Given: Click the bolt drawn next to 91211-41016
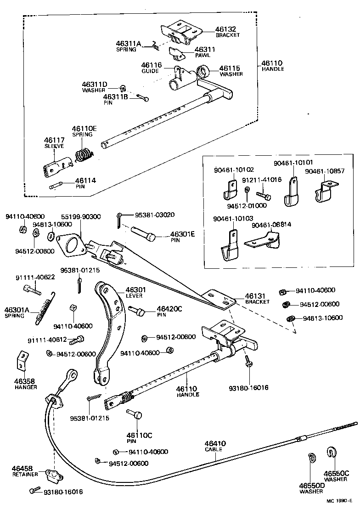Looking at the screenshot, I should pos(264,196).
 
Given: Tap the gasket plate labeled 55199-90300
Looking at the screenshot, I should pos(73,244).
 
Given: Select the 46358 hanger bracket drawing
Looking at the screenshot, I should pos(22,361).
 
